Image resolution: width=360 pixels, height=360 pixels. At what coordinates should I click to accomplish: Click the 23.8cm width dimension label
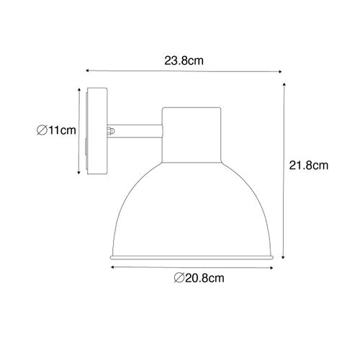coord(183,61)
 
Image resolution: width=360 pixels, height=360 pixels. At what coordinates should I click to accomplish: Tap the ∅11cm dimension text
coord(55,130)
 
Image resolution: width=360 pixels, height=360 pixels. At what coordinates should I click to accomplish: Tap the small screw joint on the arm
coord(112,131)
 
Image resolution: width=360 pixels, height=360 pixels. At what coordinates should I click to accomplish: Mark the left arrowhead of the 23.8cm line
coord(88,71)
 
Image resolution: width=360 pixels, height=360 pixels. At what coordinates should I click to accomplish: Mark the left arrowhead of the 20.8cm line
coord(112,266)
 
